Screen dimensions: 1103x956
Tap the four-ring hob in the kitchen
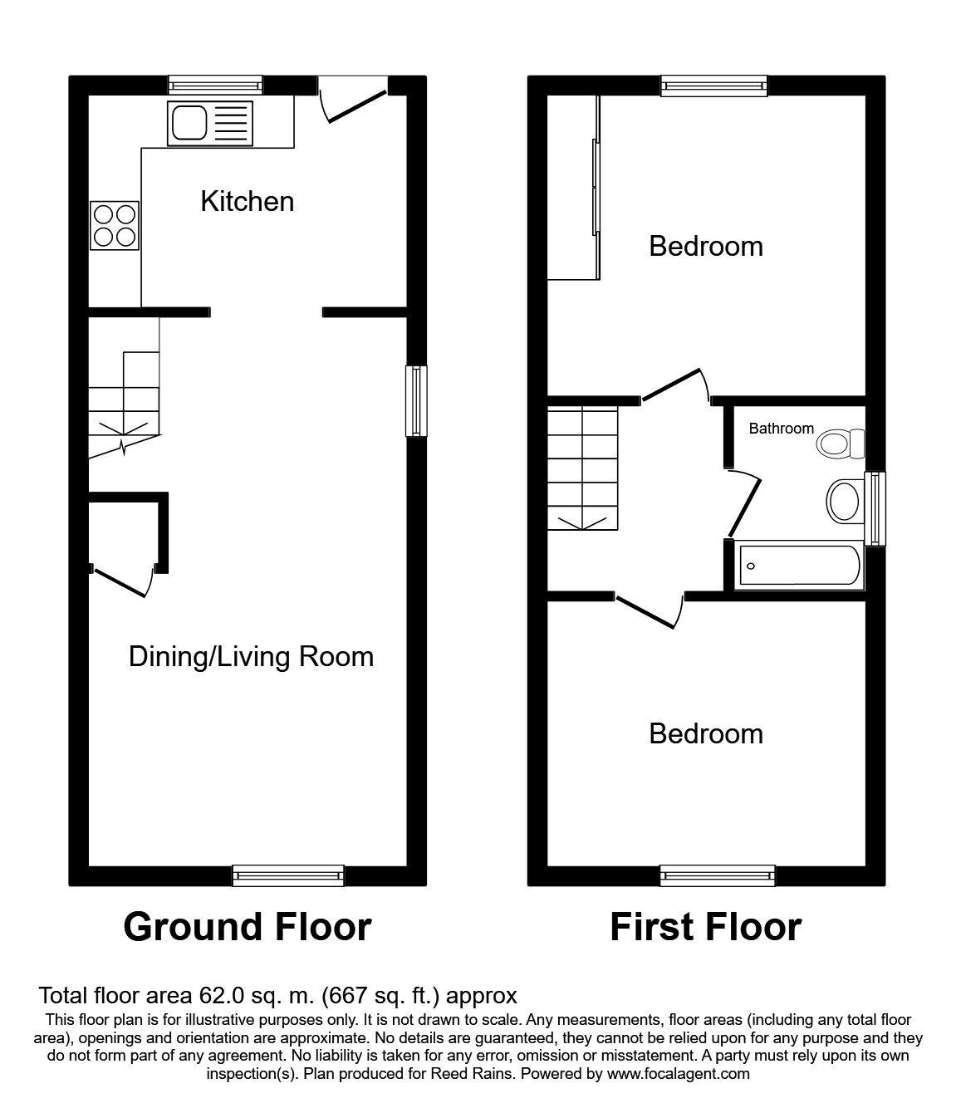115,225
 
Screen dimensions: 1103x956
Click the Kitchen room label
247,201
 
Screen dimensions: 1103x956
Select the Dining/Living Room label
251,656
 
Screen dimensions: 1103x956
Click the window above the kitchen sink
215,83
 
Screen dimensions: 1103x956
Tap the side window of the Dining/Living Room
416,400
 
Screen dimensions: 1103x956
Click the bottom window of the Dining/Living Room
287,875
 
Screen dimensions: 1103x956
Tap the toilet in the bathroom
841,443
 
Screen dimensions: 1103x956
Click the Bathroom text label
781,429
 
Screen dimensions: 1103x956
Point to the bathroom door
743,503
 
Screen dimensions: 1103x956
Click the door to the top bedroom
674,386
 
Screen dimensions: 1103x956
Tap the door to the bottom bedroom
649,610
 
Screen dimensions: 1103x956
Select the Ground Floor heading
247,927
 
